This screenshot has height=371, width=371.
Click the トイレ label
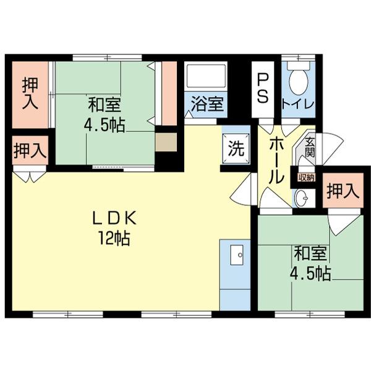click(298, 103)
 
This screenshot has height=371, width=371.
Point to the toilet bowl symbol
click(299, 79)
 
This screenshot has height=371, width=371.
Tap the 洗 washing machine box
click(236, 148)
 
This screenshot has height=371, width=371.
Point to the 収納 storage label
click(307, 177)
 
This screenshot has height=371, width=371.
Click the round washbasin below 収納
click(303, 198)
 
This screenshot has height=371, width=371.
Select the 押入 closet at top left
click(30, 93)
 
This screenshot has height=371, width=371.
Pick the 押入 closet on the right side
click(342, 190)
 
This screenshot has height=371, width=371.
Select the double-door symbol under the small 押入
click(30, 176)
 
